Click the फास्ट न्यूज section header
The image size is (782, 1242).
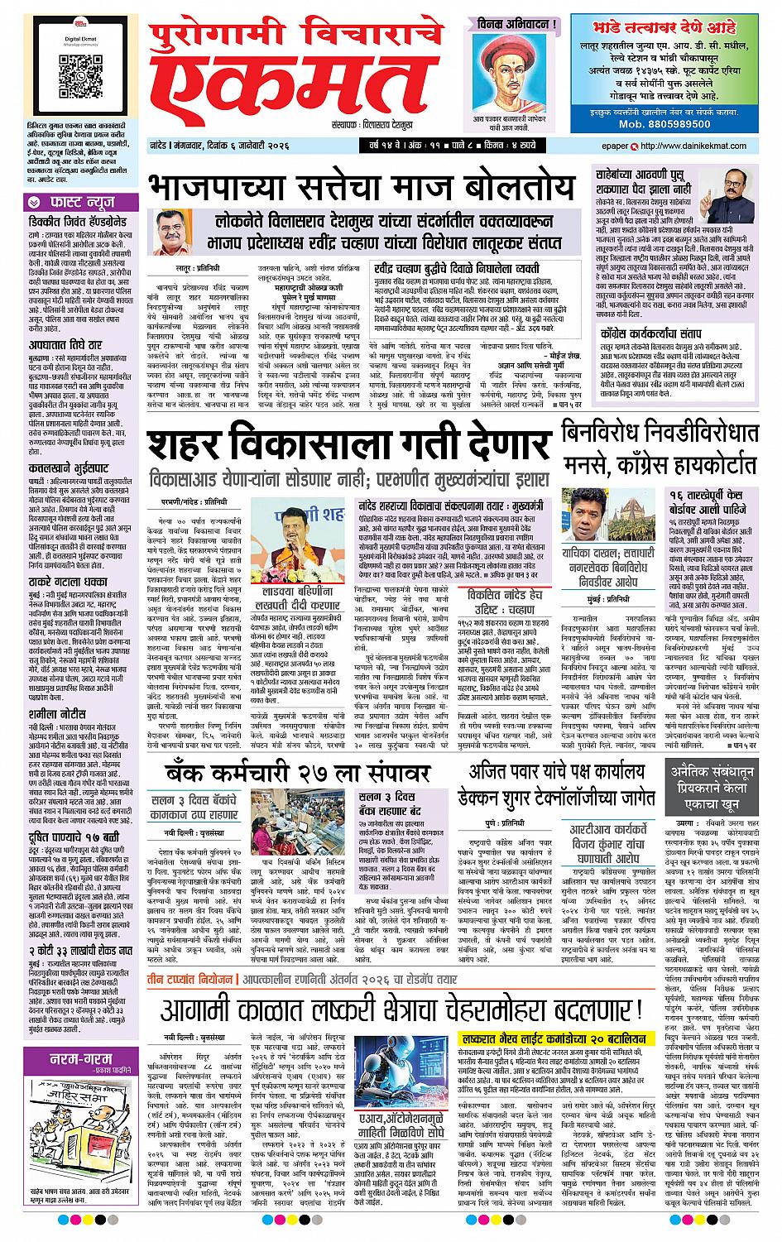click(x=74, y=202)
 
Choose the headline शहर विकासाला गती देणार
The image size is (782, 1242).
click(x=346, y=447)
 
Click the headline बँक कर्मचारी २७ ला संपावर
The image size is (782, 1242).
click(x=297, y=772)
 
